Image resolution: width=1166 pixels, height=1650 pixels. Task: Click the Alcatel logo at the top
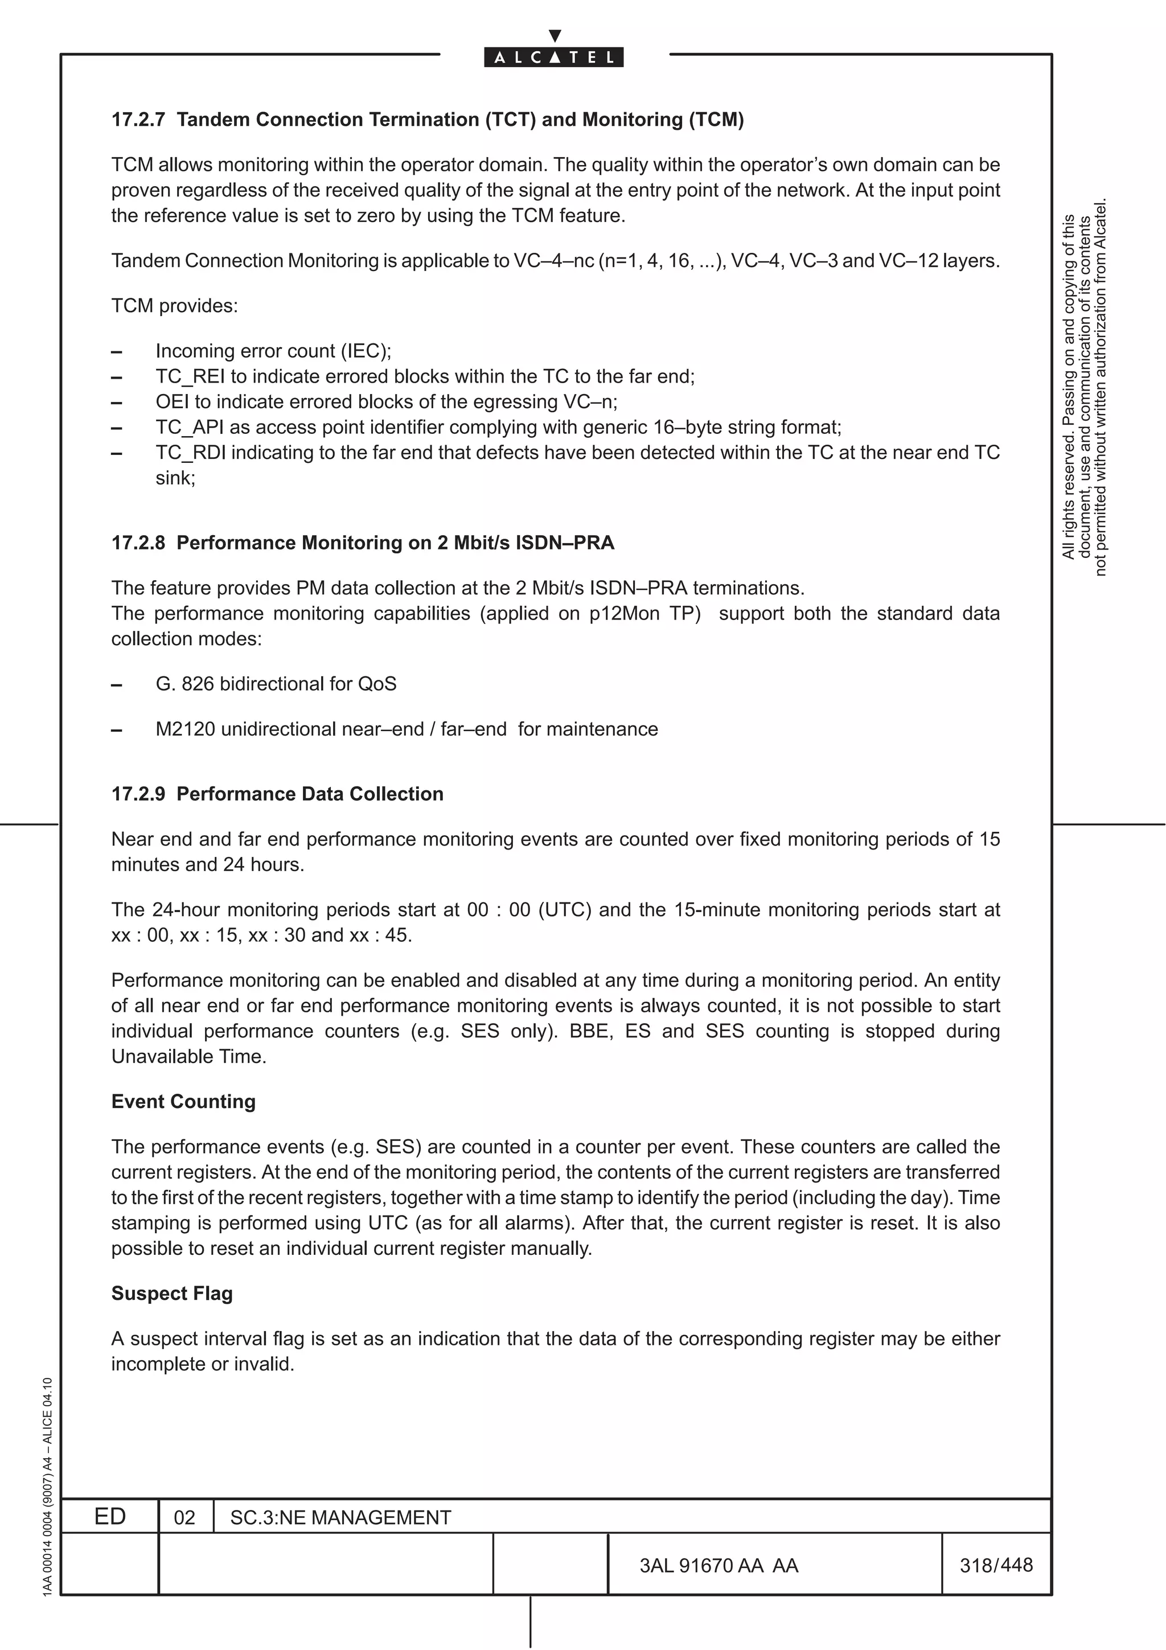pos(553,56)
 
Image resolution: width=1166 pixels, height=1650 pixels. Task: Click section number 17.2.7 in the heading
pos(138,120)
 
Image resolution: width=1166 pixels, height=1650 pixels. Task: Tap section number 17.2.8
pos(138,543)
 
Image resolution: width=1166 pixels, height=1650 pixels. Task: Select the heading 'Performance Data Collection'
pos(310,794)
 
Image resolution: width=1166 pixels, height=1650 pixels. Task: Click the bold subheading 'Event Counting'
pos(183,1102)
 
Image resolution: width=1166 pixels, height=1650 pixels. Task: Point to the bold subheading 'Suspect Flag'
pos(172,1294)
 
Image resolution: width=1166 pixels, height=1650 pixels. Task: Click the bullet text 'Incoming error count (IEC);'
pos(273,351)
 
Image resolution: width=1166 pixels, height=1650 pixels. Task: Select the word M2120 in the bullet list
pos(186,729)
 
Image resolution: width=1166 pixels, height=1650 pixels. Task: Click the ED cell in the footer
pos(110,1516)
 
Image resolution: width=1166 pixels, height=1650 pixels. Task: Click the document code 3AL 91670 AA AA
pos(719,1565)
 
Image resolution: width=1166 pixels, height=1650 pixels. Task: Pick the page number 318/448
pos(996,1565)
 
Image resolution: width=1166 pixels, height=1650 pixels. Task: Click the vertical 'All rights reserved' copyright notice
pos(1084,388)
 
